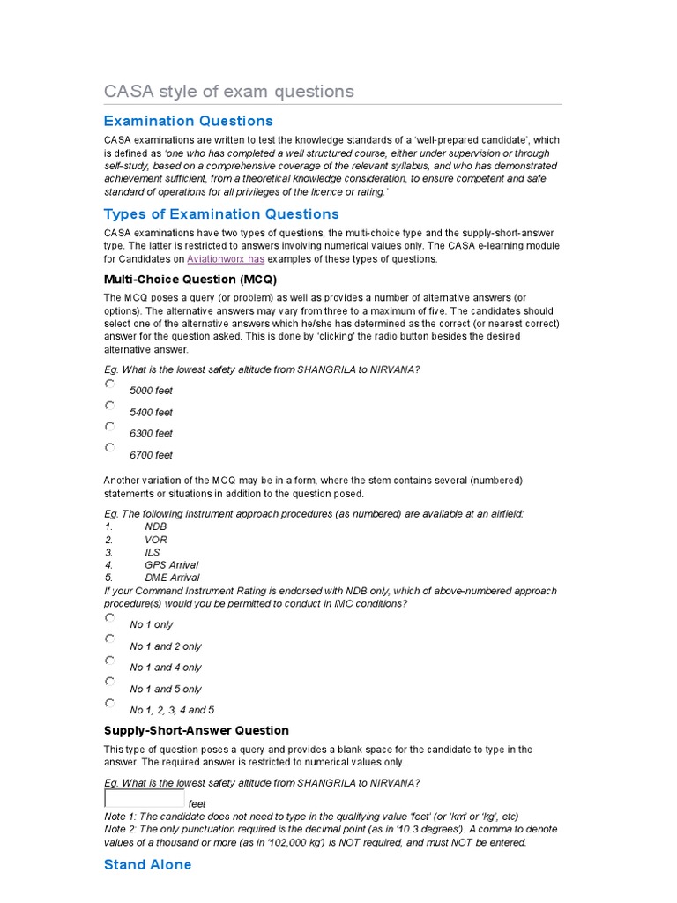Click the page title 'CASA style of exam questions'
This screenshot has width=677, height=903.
pyautogui.click(x=228, y=92)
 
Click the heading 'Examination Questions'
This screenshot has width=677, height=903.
pyautogui.click(x=188, y=121)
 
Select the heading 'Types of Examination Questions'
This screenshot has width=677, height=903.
pyautogui.click(x=220, y=213)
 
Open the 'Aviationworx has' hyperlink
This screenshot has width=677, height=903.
pyautogui.click(x=225, y=259)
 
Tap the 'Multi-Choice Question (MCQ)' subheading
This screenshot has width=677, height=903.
pyautogui.click(x=190, y=280)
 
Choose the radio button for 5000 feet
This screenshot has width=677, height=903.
pyautogui.click(x=109, y=384)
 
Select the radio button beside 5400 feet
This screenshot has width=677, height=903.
pyautogui.click(x=109, y=406)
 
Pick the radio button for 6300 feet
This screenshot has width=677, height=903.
pyautogui.click(x=109, y=427)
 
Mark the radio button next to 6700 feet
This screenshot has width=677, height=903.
pyautogui.click(x=109, y=448)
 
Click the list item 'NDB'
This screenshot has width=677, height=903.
pyautogui.click(x=155, y=526)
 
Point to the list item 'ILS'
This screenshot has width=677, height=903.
pyautogui.click(x=153, y=552)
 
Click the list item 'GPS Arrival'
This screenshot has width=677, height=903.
pyautogui.click(x=171, y=564)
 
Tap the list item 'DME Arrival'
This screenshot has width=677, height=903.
pyautogui.click(x=172, y=578)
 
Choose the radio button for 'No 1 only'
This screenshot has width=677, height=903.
pyautogui.click(x=109, y=617)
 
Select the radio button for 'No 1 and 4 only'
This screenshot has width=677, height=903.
pyautogui.click(x=109, y=660)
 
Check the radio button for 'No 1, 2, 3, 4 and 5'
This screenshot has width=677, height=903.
pyautogui.click(x=109, y=703)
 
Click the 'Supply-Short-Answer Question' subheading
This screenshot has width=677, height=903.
pyautogui.click(x=196, y=730)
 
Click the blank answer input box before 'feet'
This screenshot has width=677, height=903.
pyautogui.click(x=144, y=799)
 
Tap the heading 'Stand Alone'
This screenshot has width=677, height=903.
pyautogui.click(x=147, y=864)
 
